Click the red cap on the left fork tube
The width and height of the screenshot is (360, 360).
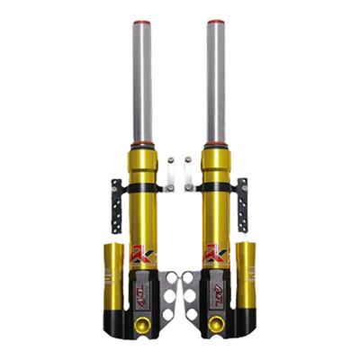[141, 22]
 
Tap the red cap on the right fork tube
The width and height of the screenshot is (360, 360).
[216, 22]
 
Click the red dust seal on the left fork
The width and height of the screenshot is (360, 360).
[141, 144]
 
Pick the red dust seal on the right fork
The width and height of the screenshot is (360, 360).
[216, 144]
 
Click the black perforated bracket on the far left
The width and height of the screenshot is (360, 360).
[116, 205]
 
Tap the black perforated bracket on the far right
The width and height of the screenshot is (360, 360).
[241, 205]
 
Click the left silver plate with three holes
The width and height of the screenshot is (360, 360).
[169, 297]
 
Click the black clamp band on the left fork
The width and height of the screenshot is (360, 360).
[141, 188]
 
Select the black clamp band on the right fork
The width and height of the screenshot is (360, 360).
[216, 188]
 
